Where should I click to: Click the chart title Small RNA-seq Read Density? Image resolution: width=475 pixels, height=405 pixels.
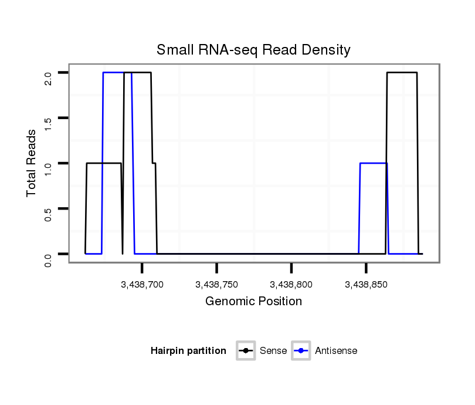(253, 50)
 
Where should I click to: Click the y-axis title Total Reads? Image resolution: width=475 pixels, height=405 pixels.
(32, 163)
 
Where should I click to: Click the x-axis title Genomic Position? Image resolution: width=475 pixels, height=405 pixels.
(253, 302)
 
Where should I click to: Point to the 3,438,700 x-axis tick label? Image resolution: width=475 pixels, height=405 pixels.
(142, 285)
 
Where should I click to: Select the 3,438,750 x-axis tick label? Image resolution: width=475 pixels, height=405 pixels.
(217, 285)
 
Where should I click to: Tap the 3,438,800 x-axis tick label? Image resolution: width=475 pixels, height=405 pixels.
(291, 285)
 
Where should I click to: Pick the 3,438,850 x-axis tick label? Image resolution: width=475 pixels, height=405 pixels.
(366, 285)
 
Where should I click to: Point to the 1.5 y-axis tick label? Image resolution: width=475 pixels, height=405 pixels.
(48, 123)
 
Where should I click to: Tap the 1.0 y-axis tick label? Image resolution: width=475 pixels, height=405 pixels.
(48, 168)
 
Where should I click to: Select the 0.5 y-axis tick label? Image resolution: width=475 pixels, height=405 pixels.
(48, 214)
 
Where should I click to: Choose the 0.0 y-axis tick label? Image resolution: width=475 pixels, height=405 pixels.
(48, 259)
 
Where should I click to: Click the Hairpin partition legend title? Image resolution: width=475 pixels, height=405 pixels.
(188, 351)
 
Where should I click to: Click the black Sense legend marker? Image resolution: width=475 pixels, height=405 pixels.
(246, 351)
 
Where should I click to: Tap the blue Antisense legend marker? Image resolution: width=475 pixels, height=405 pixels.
(301, 351)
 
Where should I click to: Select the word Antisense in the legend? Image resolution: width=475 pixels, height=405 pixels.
(336, 351)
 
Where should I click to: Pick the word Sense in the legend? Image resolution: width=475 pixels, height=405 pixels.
(273, 351)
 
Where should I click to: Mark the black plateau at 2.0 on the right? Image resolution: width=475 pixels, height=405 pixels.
(402, 73)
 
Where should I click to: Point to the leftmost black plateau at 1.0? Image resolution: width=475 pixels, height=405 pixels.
(104, 163)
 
